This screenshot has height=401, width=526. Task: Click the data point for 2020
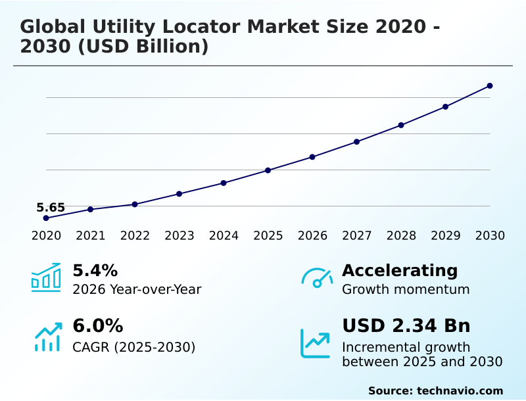coord(46,218)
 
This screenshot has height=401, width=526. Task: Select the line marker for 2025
coord(268,170)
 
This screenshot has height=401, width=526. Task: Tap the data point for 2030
coord(490,85)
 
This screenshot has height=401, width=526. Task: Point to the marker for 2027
coord(356,141)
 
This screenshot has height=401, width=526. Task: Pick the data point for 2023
coord(179,194)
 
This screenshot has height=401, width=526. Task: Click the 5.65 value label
coord(51,208)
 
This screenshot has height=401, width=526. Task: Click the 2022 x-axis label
coord(135,235)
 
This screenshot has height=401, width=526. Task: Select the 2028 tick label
coord(401,235)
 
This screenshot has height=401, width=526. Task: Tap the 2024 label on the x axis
coord(224,235)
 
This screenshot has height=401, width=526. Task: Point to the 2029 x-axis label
coord(446,235)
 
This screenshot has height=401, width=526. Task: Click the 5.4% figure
coord(95,270)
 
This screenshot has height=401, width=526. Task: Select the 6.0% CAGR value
coord(97,326)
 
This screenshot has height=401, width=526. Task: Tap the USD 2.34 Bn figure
coord(406,326)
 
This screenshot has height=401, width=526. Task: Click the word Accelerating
coord(400,270)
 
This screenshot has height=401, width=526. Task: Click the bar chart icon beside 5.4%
coord(46,277)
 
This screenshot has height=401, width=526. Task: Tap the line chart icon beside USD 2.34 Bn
coord(316,342)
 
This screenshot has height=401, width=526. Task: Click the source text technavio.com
coord(460,390)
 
